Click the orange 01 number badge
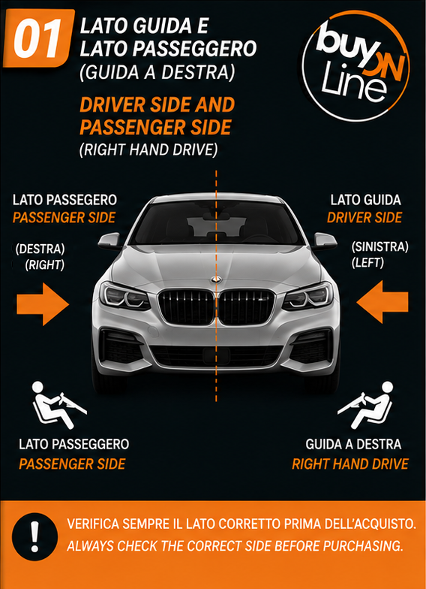[39, 38]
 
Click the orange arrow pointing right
[43, 304]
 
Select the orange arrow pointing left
[382, 302]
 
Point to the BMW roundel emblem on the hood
[216, 279]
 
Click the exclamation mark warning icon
[34, 536]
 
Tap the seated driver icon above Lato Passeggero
[58, 405]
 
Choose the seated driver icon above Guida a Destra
[366, 405]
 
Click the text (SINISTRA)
[379, 246]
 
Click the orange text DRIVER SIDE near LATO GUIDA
[364, 218]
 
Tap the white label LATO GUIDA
[366, 200]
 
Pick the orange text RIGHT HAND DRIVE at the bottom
[349, 464]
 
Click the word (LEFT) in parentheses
[367, 263]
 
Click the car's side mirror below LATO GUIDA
[324, 240]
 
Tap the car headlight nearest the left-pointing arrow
[307, 296]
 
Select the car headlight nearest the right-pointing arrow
[124, 296]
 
